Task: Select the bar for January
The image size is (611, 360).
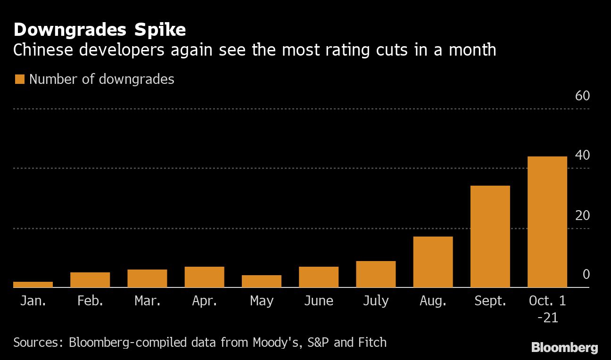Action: pyautogui.click(x=33, y=285)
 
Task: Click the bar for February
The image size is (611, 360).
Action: pyautogui.click(x=90, y=280)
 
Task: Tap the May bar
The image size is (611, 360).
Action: pyautogui.click(x=262, y=281)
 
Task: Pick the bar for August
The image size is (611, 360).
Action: pyautogui.click(x=433, y=262)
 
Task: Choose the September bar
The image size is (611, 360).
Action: pyautogui.click(x=490, y=237)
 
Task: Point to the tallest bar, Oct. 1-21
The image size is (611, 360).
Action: pyautogui.click(x=547, y=222)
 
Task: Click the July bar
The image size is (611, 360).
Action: pyautogui.click(x=376, y=274)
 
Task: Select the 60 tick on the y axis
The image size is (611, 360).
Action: pyautogui.click(x=582, y=96)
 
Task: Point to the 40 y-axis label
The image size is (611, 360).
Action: pyautogui.click(x=582, y=155)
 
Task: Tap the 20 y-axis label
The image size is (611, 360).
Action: pyautogui.click(x=582, y=215)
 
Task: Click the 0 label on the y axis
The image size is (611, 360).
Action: pyautogui.click(x=586, y=275)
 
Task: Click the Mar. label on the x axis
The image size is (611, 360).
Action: pyautogui.click(x=148, y=301)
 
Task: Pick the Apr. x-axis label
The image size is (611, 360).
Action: pyautogui.click(x=205, y=301)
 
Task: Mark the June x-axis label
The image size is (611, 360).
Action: pyautogui.click(x=319, y=301)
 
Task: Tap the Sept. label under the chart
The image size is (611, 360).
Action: pyautogui.click(x=490, y=301)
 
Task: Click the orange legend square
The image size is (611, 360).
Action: pyautogui.click(x=19, y=79)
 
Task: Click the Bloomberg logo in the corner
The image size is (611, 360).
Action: pyautogui.click(x=564, y=348)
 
